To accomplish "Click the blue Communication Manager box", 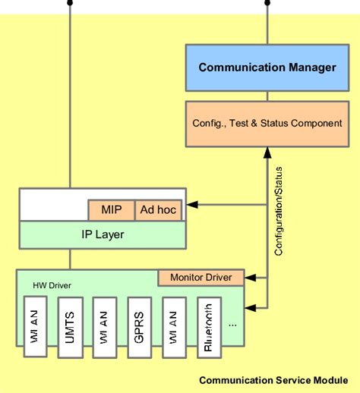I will (267, 68).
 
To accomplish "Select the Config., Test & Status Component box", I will (267, 123).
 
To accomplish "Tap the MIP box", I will (111, 209).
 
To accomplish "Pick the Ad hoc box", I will (159, 209).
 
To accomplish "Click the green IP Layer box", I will (102, 234).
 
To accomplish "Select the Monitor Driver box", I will (201, 278).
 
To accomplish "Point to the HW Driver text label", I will (48, 285).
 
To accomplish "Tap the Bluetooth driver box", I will (208, 328).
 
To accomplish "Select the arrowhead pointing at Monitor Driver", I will (248, 278).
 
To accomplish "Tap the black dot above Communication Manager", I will (267, 3).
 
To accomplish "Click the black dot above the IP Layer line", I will (69, 3).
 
